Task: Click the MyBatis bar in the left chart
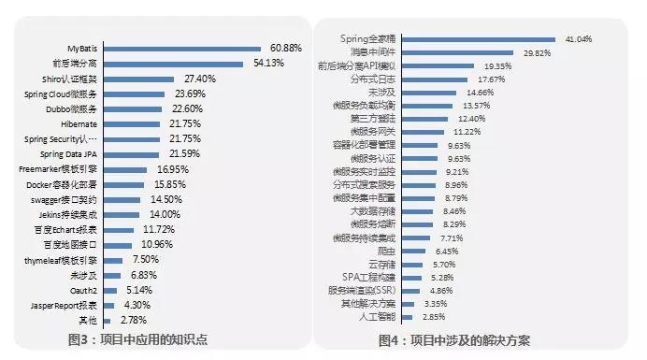181,47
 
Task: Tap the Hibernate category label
81,123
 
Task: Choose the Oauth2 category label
85,290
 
